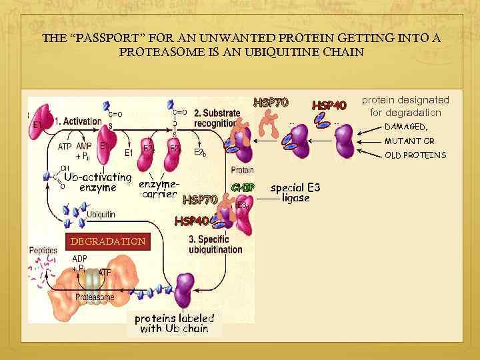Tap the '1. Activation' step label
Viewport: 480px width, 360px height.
tap(78, 121)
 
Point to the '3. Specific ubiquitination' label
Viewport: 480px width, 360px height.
tap(215, 244)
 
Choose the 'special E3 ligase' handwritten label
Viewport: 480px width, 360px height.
tap(295, 193)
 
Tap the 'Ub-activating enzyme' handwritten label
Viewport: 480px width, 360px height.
tap(97, 182)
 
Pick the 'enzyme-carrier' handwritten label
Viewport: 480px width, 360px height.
tap(159, 189)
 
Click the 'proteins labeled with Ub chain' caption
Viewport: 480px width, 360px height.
tap(174, 323)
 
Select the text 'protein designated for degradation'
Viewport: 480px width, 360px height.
tap(405, 106)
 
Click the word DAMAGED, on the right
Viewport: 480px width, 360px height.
tap(407, 127)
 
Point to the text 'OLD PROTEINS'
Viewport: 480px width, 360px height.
tap(415, 155)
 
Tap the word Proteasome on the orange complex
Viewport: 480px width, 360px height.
tap(95, 297)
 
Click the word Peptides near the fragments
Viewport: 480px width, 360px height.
tap(43, 251)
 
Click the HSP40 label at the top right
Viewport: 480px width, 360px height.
tap(329, 105)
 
